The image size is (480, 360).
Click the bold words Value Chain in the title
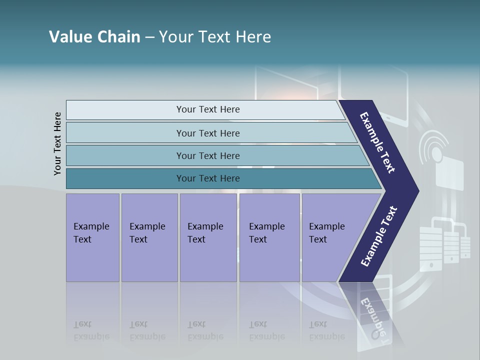click(x=94, y=37)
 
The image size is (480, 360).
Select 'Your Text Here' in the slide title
click(x=215, y=37)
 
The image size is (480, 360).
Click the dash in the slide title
click(x=149, y=37)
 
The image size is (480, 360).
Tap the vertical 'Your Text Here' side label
click(x=57, y=143)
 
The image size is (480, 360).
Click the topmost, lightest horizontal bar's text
click(x=208, y=109)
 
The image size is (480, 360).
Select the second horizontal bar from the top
click(x=208, y=133)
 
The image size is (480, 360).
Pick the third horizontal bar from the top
click(x=208, y=155)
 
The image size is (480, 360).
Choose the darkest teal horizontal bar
click(x=208, y=178)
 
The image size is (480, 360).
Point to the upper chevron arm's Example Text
click(x=377, y=142)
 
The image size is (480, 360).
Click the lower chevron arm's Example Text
click(x=379, y=236)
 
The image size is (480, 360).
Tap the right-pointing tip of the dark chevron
click(x=415, y=190)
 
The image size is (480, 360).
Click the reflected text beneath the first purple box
click(x=91, y=330)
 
